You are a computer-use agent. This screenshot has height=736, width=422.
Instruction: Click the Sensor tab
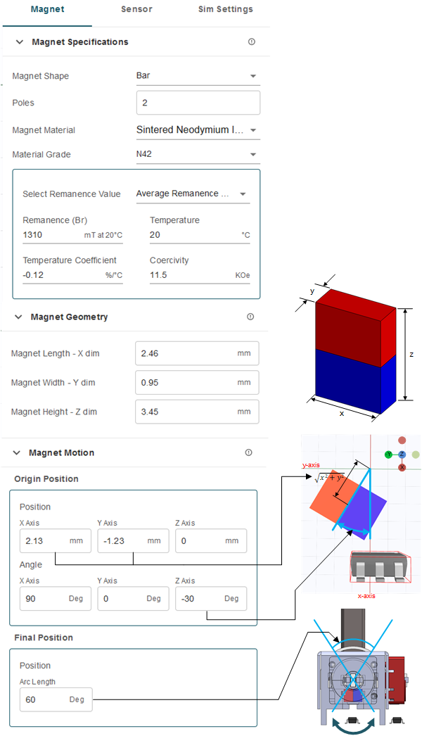[x=136, y=10]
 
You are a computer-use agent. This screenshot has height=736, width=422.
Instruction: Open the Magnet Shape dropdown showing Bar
[x=197, y=76]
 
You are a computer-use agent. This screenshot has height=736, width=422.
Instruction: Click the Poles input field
[x=198, y=103]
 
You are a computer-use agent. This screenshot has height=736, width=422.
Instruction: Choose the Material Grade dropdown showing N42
[x=197, y=155]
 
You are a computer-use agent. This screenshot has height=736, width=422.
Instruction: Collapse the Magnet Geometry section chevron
[x=18, y=317]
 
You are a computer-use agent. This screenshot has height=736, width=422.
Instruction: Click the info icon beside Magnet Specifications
[x=252, y=42]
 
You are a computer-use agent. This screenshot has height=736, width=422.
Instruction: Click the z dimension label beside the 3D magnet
[x=411, y=355]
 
